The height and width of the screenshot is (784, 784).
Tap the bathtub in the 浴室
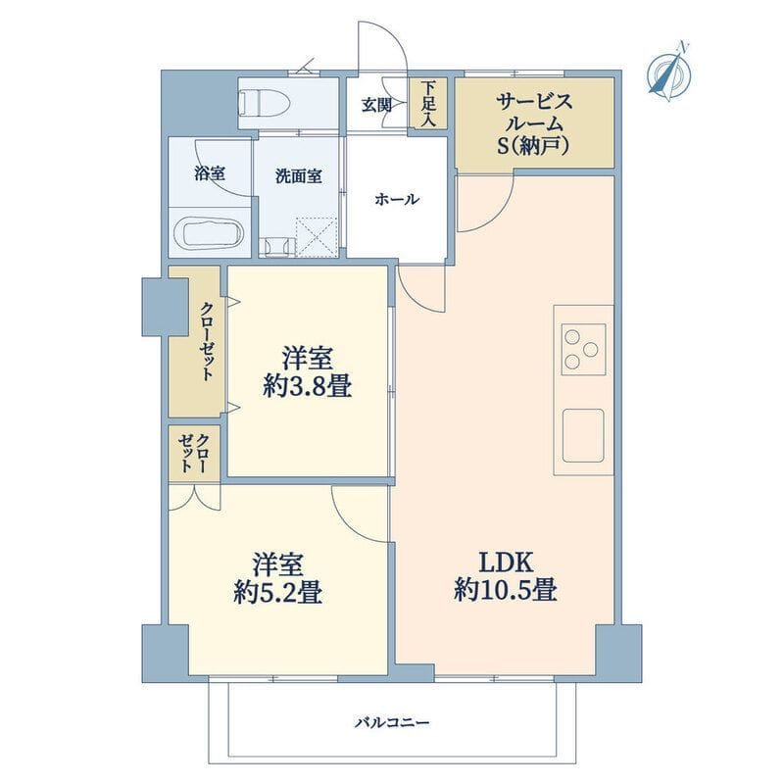click(x=209, y=233)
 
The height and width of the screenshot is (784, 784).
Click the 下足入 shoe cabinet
click(x=428, y=104)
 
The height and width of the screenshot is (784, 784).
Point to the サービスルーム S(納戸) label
click(x=534, y=124)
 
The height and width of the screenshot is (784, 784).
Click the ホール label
click(x=397, y=200)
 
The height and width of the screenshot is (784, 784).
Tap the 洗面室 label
click(x=299, y=176)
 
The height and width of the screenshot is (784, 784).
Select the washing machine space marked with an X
click(x=317, y=237)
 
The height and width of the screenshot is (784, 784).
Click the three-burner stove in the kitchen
click(x=583, y=349)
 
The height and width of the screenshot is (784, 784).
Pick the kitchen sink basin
click(x=583, y=435)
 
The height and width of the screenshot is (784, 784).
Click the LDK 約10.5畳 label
click(x=506, y=576)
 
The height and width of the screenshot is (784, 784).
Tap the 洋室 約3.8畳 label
click(x=307, y=372)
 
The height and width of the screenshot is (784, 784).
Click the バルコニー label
click(x=393, y=723)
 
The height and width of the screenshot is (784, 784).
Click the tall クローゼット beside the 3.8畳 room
click(x=195, y=341)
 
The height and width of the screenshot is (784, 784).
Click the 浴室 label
click(x=210, y=173)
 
